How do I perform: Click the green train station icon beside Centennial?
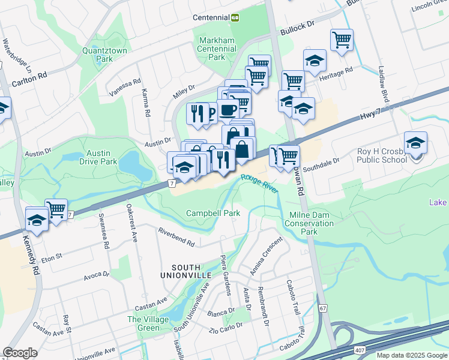[235, 17]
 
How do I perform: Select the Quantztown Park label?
[105, 55]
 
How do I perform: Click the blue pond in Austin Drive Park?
[134, 166]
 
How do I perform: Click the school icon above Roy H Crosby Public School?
[415, 143]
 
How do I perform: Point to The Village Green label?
[148, 324]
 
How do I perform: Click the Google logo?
[20, 353]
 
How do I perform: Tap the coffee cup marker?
[228, 110]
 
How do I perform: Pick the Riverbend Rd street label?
[176, 238]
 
